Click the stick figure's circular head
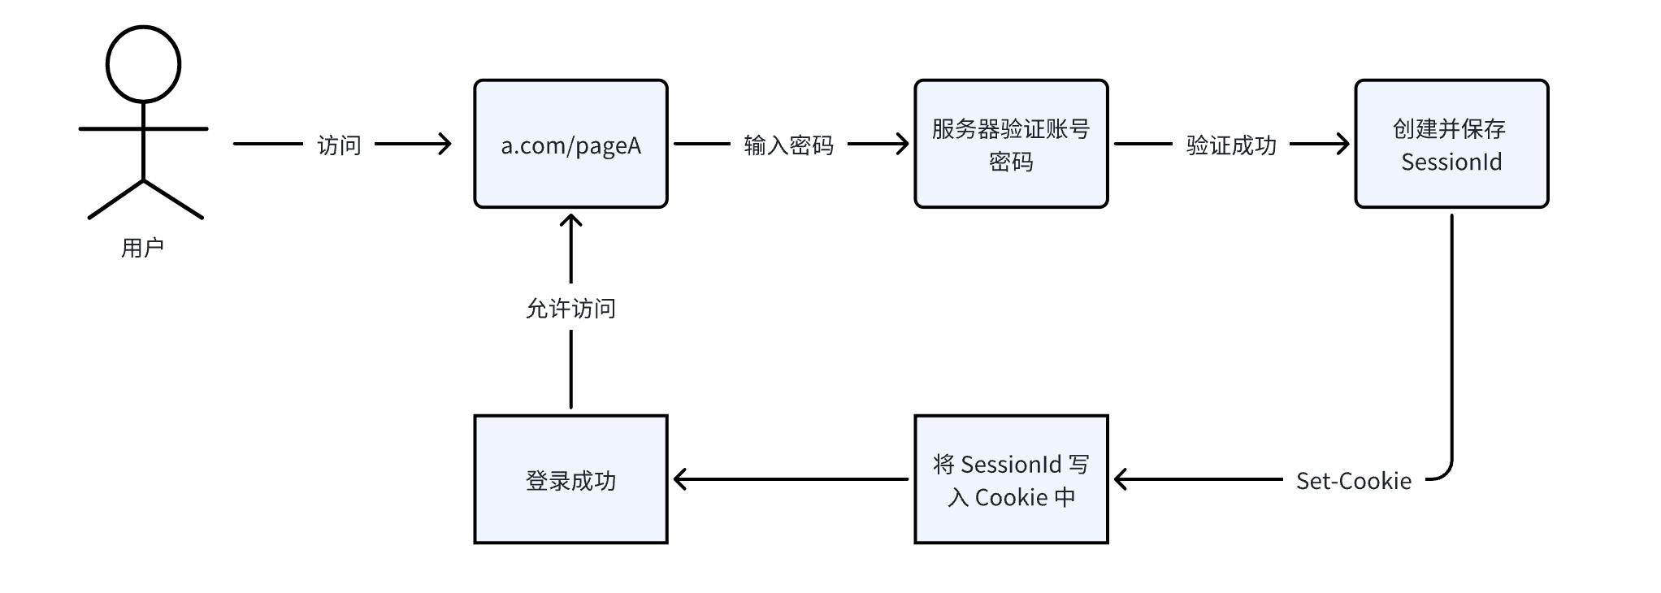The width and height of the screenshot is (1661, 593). point(143,65)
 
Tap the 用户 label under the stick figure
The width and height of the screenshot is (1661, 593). point(143,248)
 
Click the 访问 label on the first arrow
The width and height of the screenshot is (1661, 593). point(339,145)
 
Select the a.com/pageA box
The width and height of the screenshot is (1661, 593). point(570,144)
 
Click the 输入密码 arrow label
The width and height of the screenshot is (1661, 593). point(788,145)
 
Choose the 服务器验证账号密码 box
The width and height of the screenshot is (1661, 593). point(1011,144)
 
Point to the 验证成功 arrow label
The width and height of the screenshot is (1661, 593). point(1231,145)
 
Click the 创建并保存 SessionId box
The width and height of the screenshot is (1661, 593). point(1451,144)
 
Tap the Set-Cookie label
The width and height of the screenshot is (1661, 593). point(1353,481)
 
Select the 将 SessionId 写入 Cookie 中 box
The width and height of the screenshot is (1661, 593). point(1011,479)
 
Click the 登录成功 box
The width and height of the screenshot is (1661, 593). point(570,479)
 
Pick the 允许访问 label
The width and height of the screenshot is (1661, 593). point(570,309)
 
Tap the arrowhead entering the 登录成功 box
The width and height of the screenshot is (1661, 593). point(679,479)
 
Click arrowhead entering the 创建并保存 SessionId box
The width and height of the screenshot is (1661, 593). point(1344,145)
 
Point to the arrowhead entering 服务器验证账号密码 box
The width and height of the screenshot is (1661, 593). point(904,145)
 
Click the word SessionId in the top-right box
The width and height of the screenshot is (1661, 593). point(1451,162)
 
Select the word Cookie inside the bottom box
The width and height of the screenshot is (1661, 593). point(1011,497)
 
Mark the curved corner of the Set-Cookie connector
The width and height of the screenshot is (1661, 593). point(1446,474)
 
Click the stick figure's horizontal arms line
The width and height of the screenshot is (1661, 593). point(143,128)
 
